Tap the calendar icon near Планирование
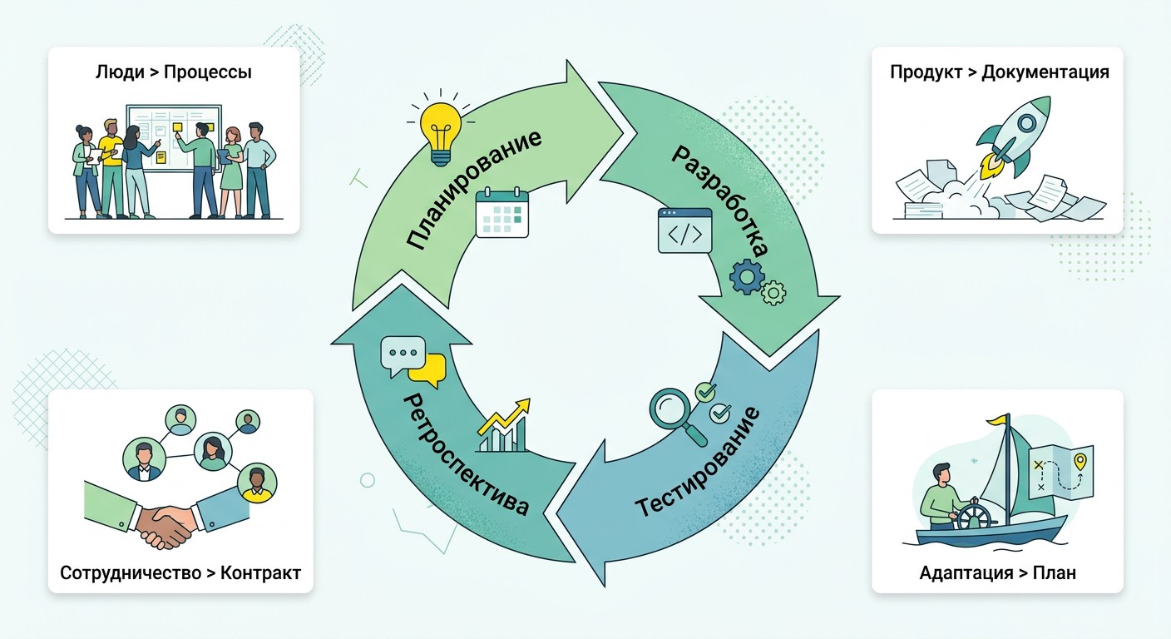click(x=502, y=212)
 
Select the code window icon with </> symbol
click(x=684, y=230)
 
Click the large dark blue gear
click(x=747, y=276)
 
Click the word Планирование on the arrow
click(x=473, y=190)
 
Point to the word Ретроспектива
click(x=465, y=454)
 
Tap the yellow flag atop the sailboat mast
click(x=997, y=420)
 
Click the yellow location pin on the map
click(x=1080, y=463)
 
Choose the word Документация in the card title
click(x=1045, y=72)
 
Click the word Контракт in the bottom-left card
click(x=260, y=573)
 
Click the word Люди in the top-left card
click(x=120, y=72)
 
